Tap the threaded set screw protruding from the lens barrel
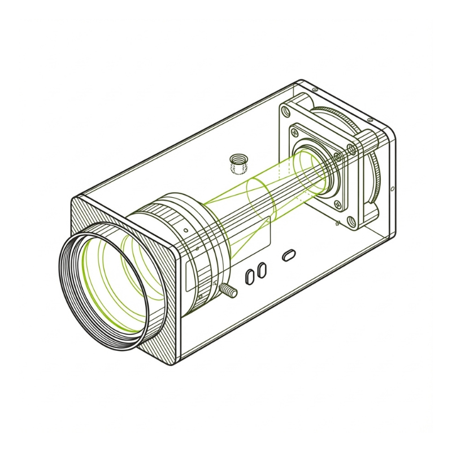click(x=228, y=290)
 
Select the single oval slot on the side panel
click(x=288, y=255)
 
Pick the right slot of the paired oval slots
click(x=261, y=270)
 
